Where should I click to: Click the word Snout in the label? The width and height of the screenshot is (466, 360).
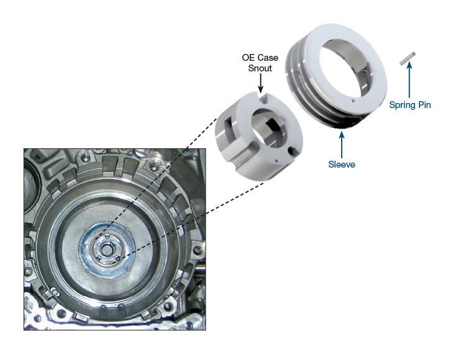pos(260,68)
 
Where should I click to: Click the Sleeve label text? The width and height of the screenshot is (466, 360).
pos(342,164)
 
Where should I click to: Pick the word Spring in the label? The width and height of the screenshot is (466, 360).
pos(403,105)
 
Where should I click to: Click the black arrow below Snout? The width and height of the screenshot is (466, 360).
pos(260,83)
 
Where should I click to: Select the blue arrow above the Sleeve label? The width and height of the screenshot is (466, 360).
pos(342,145)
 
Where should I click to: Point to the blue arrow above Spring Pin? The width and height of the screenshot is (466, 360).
pos(409,79)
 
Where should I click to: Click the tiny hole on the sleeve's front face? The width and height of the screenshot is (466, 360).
pos(353,101)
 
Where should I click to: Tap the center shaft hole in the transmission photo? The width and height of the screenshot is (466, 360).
pos(106,249)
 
